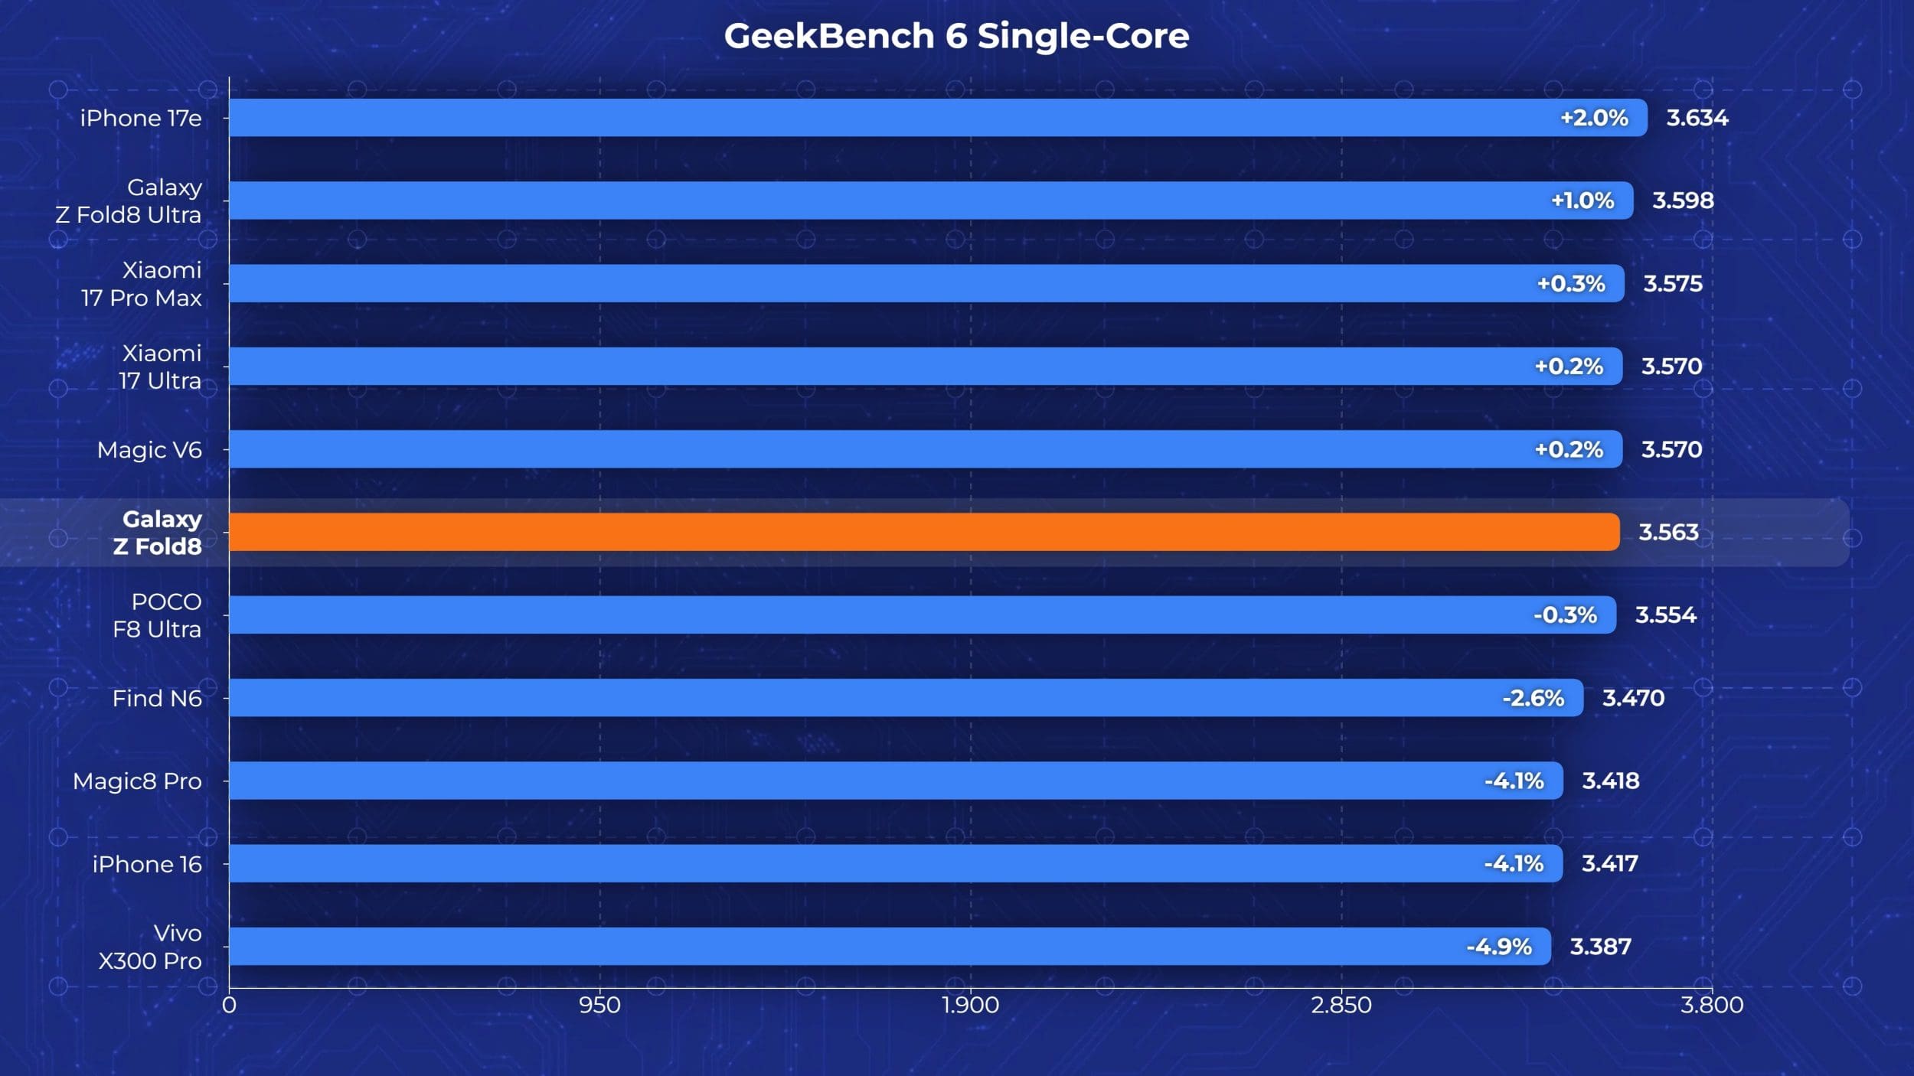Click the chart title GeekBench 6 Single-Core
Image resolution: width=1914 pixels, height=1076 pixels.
(x=956, y=36)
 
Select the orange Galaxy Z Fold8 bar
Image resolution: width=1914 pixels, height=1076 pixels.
(x=924, y=532)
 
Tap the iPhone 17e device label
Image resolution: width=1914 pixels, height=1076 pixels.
(x=141, y=118)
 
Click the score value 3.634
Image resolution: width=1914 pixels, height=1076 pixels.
(x=1697, y=118)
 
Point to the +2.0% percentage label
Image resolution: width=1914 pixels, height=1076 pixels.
(x=1594, y=118)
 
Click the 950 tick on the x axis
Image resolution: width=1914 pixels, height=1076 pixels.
(x=599, y=1005)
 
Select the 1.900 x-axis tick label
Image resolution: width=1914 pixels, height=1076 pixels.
(x=970, y=1005)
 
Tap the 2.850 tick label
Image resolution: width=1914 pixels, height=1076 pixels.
(x=1341, y=1005)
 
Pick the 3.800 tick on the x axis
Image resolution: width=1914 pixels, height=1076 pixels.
(x=1712, y=1005)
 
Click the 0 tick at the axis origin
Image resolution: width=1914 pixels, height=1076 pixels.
(x=229, y=1005)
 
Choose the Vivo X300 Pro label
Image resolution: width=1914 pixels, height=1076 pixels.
(x=150, y=947)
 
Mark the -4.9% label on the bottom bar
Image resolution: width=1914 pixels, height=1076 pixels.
(x=1499, y=947)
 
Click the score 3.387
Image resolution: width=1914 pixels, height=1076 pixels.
(x=1601, y=947)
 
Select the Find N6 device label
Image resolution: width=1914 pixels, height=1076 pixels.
(x=157, y=698)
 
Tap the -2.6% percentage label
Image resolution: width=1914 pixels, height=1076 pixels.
(x=1533, y=698)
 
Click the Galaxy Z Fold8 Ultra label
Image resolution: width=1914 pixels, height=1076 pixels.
(x=129, y=201)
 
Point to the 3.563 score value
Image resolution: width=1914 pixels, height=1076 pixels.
(x=1669, y=532)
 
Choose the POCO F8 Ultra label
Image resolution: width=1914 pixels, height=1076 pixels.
(x=157, y=615)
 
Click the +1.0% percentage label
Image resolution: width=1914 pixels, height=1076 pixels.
(x=1582, y=201)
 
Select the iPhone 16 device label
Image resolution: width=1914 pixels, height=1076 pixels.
(x=147, y=864)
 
